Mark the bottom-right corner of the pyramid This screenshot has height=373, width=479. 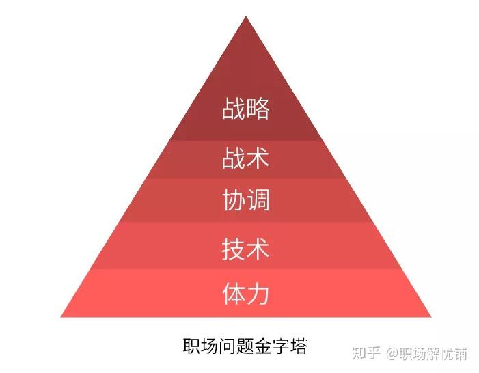pyautogui.click(x=430, y=316)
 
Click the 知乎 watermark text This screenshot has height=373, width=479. pyautogui.click(x=366, y=353)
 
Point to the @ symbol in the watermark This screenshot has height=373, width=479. pyautogui.click(x=392, y=354)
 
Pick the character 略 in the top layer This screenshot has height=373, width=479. pyautogui.click(x=258, y=109)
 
